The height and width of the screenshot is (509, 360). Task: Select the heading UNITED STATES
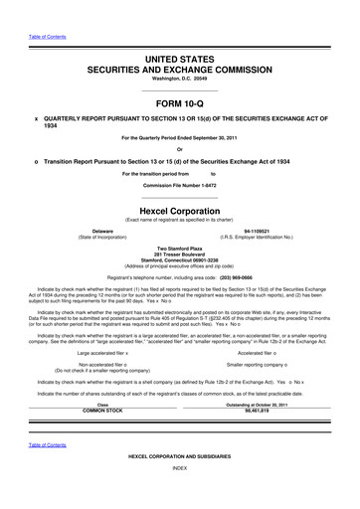click(x=179, y=62)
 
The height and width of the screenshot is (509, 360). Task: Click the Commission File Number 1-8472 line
click(x=179, y=185)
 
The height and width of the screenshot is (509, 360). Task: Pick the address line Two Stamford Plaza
click(x=179, y=248)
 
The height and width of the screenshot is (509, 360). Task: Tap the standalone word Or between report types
click(x=179, y=150)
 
